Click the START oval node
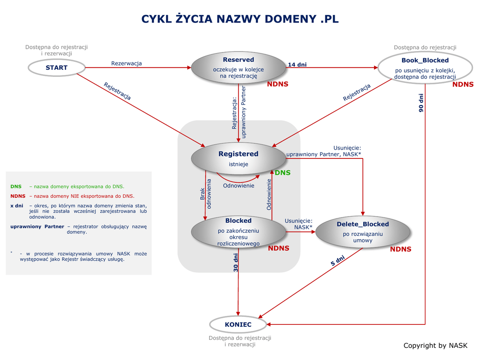(x=56, y=67)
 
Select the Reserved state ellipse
(x=238, y=67)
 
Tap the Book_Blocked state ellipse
(x=425, y=67)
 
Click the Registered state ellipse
(x=238, y=158)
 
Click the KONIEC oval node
(x=238, y=324)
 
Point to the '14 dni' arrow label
(x=297, y=65)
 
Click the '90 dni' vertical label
(x=421, y=103)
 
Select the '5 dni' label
(x=337, y=261)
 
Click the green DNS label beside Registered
(x=283, y=172)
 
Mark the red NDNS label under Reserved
(x=277, y=84)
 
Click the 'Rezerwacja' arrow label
(x=126, y=63)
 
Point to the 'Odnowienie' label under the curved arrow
(x=239, y=185)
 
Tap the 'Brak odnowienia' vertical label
(x=206, y=194)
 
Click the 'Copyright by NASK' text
(x=435, y=345)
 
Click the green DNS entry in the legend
(x=16, y=187)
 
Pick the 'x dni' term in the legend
(x=17, y=205)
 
